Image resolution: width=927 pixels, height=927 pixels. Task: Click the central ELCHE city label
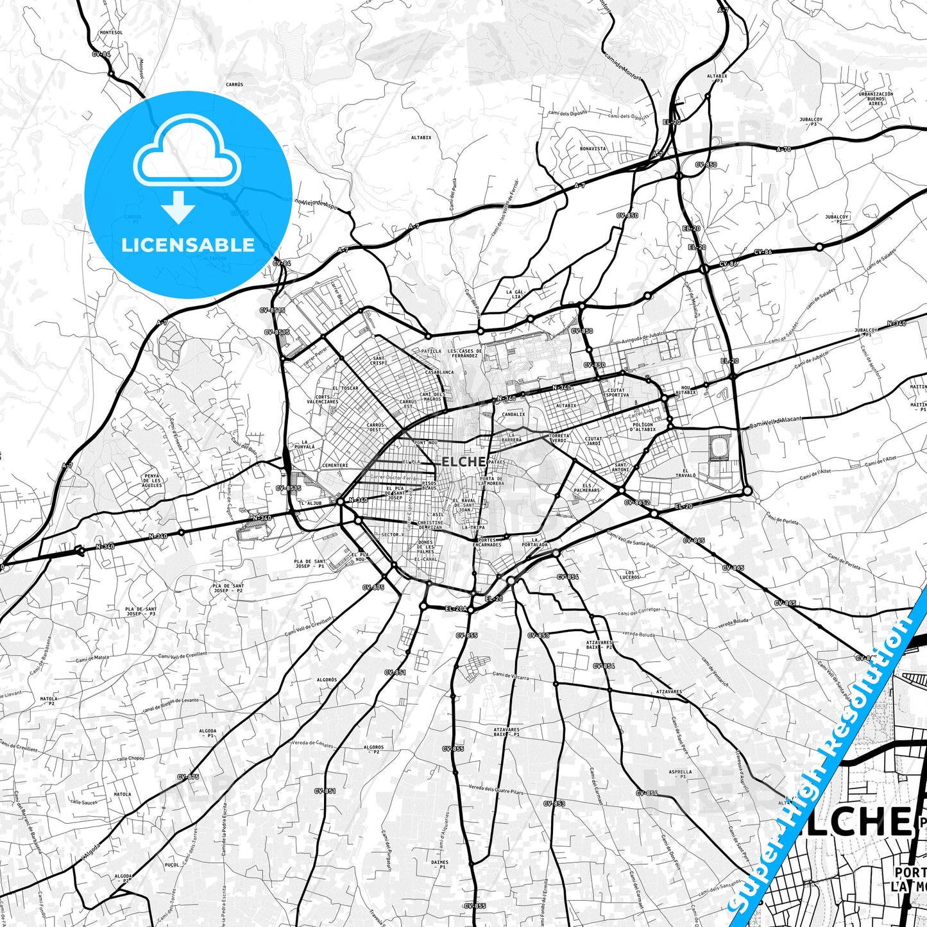pyautogui.click(x=463, y=462)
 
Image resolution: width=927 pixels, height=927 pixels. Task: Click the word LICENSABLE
pyautogui.click(x=188, y=245)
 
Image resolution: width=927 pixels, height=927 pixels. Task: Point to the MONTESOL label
pyautogui.click(x=111, y=32)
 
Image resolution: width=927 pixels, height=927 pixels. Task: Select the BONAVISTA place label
pyautogui.click(x=592, y=148)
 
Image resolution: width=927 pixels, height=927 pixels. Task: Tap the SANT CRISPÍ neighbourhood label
pyautogui.click(x=378, y=361)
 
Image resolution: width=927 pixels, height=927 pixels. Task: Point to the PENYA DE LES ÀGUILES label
pyautogui.click(x=152, y=481)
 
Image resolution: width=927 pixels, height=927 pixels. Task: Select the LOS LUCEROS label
pyautogui.click(x=630, y=574)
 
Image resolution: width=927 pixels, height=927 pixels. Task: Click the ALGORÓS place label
pyautogui.click(x=327, y=679)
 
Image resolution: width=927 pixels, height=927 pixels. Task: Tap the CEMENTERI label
pyautogui.click(x=335, y=465)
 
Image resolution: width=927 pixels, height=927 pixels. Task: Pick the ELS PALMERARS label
pyautogui.click(x=586, y=488)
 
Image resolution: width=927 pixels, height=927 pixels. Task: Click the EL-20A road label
pyautogui.click(x=455, y=608)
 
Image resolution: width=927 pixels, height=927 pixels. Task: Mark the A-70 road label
pyautogui.click(x=783, y=149)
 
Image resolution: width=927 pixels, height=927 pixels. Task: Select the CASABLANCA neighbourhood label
pyautogui.click(x=439, y=372)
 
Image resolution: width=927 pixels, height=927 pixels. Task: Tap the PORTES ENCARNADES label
pyautogui.click(x=489, y=542)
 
